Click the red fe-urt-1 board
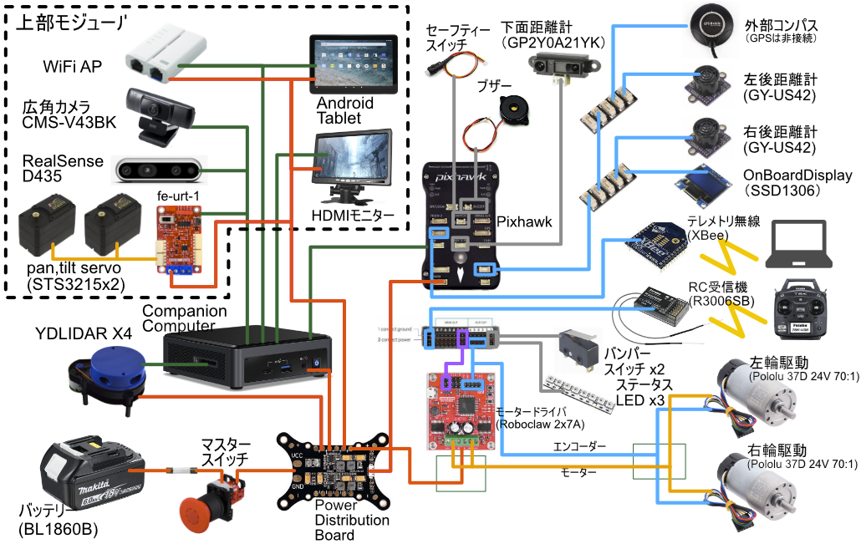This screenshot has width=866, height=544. [x=178, y=237]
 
